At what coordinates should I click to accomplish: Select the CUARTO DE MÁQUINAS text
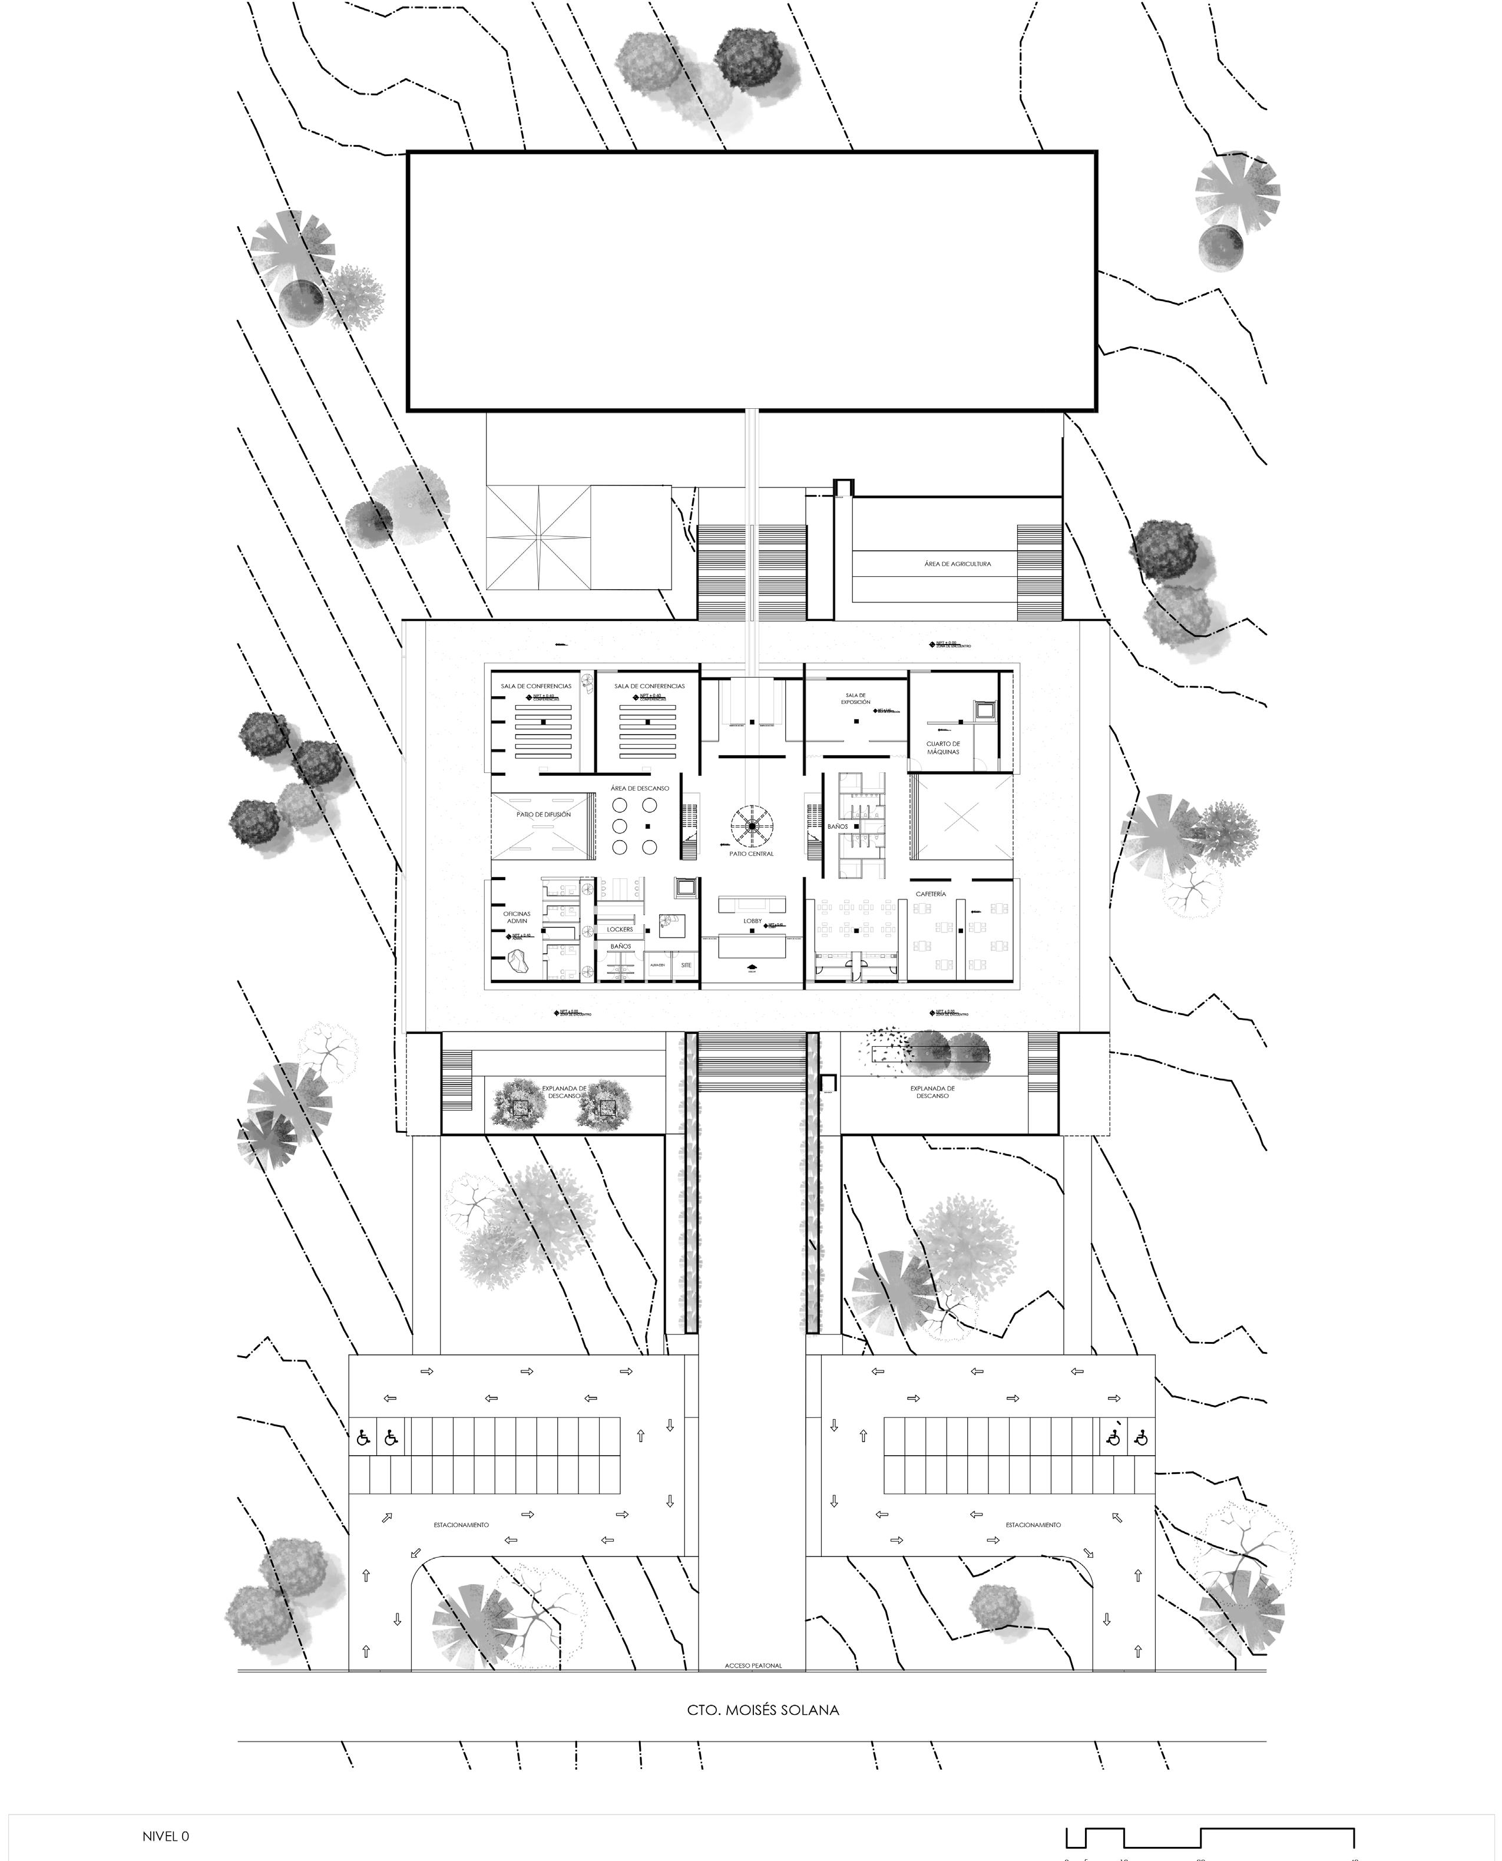943,748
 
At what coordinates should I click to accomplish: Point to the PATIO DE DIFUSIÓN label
543,814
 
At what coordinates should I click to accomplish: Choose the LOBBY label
752,921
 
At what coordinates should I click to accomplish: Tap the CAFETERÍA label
931,894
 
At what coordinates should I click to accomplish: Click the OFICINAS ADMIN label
517,917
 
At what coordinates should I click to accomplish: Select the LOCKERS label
620,929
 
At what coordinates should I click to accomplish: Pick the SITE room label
686,965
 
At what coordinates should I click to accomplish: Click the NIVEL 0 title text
166,1829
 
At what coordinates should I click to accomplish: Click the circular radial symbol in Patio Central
752,827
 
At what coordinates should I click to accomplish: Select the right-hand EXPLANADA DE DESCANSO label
932,1092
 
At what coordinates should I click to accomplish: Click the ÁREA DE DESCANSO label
640,788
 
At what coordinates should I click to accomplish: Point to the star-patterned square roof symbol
539,538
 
